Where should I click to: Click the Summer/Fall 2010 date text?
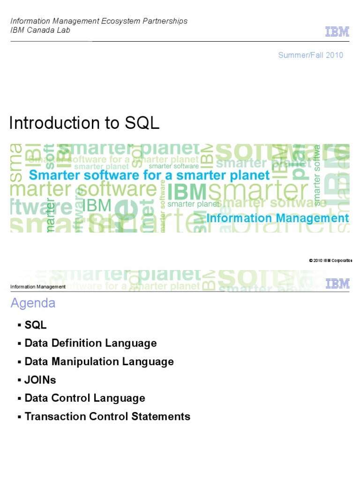[310, 55]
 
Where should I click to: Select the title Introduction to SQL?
[85, 123]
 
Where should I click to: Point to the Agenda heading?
[33, 303]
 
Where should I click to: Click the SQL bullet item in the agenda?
[36, 325]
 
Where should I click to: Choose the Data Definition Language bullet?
[90, 343]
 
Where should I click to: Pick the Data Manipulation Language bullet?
[99, 361]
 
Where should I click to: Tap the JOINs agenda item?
[40, 380]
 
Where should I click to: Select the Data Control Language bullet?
[85, 398]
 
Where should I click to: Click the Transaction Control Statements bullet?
[107, 416]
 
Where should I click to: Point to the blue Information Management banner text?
[277, 218]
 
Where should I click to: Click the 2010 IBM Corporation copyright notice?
[330, 260]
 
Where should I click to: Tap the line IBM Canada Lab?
[40, 30]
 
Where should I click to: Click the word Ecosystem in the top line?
[125, 21]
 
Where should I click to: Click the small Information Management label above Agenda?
[37, 287]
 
